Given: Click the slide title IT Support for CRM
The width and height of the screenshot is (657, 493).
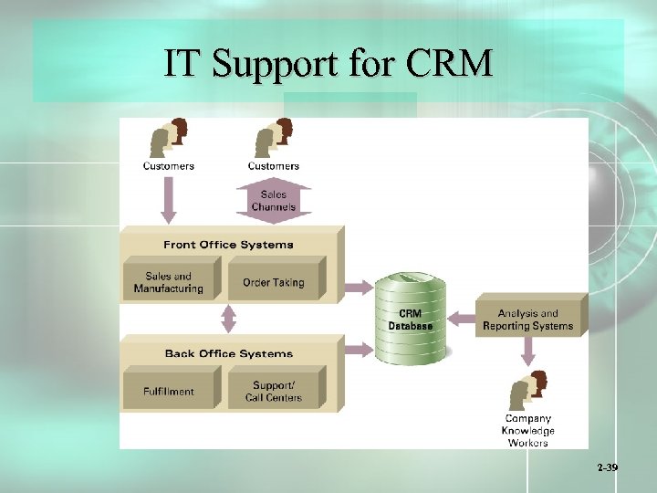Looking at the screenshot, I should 328,63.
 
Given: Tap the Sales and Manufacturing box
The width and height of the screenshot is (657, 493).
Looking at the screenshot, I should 169,282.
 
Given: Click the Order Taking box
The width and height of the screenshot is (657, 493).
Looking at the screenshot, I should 273,282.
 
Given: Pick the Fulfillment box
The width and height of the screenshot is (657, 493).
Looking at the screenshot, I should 169,391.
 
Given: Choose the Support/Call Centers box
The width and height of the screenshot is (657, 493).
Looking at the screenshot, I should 273,391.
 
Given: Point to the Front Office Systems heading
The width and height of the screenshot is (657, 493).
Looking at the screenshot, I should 228,245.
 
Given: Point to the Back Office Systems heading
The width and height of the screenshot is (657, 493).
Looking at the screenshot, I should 228,353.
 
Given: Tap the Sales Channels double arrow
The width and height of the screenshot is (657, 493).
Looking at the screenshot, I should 274,200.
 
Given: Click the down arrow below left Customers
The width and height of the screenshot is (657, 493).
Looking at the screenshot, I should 169,200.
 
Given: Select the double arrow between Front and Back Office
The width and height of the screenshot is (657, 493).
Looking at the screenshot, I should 228,319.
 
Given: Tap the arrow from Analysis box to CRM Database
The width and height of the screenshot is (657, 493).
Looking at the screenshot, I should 461,319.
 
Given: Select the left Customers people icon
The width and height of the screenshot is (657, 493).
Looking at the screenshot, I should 169,138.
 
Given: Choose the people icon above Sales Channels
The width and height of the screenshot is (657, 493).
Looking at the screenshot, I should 274,138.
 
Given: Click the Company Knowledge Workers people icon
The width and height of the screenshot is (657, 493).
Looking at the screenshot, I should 527,391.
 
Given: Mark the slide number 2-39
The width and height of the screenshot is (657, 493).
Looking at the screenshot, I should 607,467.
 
